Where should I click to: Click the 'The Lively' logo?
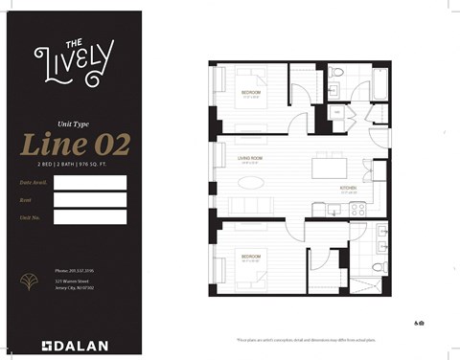click(72, 59)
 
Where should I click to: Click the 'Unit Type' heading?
click(72, 123)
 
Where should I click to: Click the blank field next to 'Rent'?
click(90, 199)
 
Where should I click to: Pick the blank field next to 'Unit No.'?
click(90, 217)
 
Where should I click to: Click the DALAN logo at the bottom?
click(75, 345)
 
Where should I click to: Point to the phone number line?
click(74, 271)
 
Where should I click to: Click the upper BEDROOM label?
click(252, 91)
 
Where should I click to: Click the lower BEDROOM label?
click(252, 257)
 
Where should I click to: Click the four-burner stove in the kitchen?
click(357, 209)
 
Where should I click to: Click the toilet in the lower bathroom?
click(378, 264)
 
